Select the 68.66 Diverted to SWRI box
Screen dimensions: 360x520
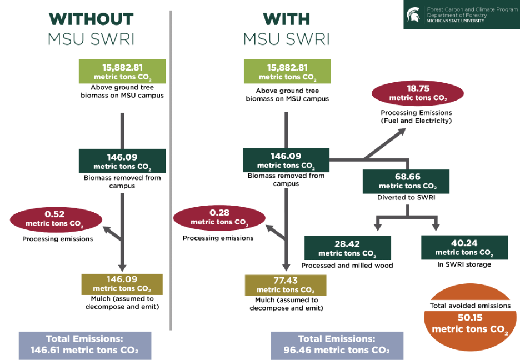(x=407, y=181)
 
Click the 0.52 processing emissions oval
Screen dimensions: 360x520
(x=56, y=219)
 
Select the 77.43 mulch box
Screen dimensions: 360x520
(x=285, y=284)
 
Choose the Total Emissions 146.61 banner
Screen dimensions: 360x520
(x=84, y=344)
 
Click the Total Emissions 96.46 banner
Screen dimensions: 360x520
(x=337, y=344)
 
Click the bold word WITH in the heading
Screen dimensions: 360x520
(x=286, y=19)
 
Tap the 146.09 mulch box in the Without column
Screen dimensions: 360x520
(x=122, y=284)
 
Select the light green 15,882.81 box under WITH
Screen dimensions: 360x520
(x=287, y=72)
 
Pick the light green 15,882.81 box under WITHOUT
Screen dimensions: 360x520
(x=122, y=72)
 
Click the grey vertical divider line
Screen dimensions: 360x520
(x=171, y=167)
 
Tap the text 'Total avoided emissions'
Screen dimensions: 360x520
(x=470, y=306)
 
